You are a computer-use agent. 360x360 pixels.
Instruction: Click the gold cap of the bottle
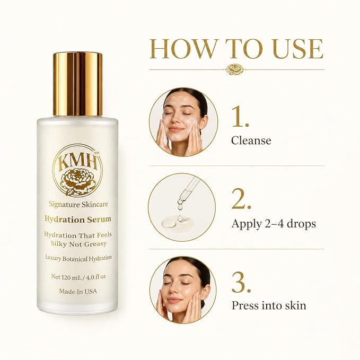78,84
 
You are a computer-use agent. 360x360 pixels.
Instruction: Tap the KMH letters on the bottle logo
77,163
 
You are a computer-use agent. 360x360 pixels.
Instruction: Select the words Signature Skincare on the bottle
78,204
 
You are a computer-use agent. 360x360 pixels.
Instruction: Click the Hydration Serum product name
78,219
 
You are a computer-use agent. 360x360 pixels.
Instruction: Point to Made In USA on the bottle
78,292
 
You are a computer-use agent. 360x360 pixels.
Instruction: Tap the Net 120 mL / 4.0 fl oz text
78,277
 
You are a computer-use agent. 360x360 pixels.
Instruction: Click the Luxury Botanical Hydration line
78,258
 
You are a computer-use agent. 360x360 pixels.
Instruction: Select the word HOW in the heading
182,49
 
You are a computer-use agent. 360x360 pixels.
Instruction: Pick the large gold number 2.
241,199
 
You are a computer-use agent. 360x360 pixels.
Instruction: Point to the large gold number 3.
241,283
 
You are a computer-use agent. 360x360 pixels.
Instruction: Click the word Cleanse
251,141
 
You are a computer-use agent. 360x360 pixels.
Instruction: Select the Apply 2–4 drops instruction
274,224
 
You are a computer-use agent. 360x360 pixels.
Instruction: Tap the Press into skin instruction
269,305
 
